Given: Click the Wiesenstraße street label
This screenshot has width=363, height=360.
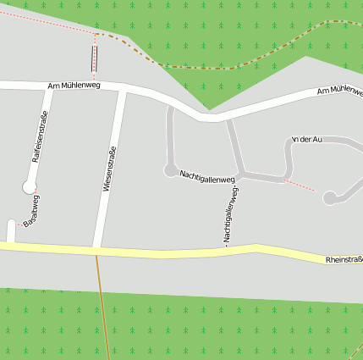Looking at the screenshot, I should click(108, 169).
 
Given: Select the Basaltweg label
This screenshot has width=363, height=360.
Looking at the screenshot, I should click(31, 211).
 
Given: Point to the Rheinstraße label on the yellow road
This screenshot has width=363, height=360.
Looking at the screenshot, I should click(344, 259).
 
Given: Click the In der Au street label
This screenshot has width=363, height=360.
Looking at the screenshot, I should click(307, 138).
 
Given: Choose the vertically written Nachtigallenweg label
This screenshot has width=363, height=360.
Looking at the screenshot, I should click(229, 215).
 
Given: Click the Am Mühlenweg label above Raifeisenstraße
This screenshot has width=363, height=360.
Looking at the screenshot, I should click(74, 85).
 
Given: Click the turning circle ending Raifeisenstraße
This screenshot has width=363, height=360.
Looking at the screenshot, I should click(30, 186).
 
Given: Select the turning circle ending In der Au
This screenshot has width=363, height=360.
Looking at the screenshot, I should click(329, 198).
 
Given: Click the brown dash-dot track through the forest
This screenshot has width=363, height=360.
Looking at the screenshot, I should click(203, 66).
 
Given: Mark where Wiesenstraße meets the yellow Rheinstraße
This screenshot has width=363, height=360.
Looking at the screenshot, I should click(97, 249).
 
